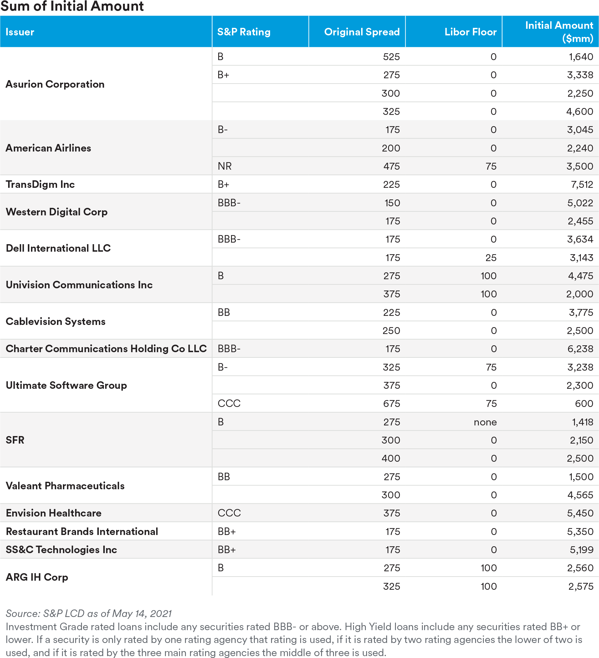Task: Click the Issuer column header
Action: tap(20, 32)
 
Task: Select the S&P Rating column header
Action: tap(244, 32)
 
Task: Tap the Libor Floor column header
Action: tap(470, 32)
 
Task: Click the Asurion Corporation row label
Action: tap(55, 84)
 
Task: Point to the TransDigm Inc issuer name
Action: tap(40, 184)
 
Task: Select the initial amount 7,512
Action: tap(582, 185)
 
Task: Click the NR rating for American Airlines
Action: tap(224, 167)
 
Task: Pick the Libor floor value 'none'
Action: tap(485, 422)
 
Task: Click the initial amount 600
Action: tap(584, 404)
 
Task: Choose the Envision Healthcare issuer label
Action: tap(54, 513)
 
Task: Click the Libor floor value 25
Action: tap(491, 258)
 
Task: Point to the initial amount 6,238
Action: tap(580, 349)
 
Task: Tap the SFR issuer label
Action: tap(15, 440)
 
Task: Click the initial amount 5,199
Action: tap(581, 550)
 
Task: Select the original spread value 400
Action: tap(391, 459)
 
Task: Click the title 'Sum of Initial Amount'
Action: tap(72, 7)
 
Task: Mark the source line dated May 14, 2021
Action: tap(89, 614)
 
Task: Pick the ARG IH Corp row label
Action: tap(37, 577)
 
